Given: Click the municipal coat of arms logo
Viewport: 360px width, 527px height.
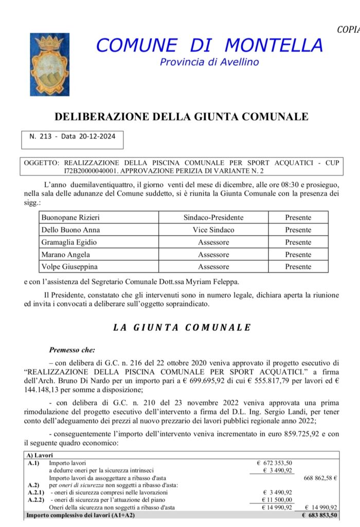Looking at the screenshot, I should [46, 64].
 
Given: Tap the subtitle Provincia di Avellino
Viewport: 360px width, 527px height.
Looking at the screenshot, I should [209, 62].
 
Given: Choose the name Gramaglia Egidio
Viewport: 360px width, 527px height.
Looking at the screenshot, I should [69, 242].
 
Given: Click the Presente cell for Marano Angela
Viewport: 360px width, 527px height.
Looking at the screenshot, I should [298, 255].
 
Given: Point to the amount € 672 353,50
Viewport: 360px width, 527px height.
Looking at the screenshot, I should [274, 463].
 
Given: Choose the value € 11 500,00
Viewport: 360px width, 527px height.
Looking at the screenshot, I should [277, 499].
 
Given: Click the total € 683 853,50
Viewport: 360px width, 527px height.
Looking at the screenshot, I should [319, 515].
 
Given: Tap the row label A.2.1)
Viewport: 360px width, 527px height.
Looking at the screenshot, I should [37, 492].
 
